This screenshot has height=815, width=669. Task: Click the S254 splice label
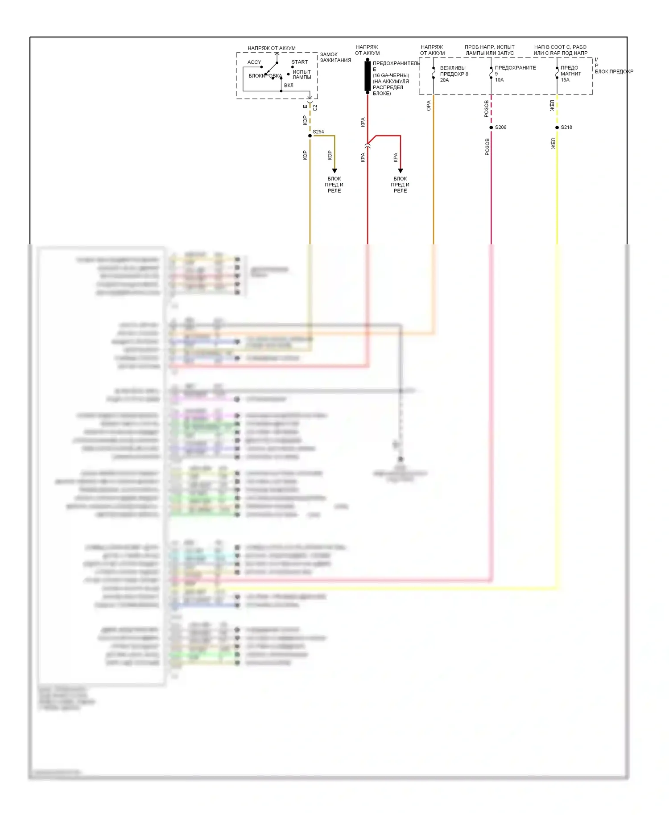[x=318, y=132]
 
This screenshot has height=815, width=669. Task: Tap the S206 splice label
[x=500, y=128]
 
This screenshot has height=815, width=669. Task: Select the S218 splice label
[x=566, y=128]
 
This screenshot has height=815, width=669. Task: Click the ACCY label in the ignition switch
[x=254, y=62]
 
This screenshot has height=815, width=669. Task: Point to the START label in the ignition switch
[x=300, y=62]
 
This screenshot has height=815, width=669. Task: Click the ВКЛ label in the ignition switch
[x=289, y=85]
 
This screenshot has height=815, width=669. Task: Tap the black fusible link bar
[x=368, y=76]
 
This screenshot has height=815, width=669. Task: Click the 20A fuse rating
[x=445, y=80]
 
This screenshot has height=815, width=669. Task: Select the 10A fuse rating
[x=500, y=80]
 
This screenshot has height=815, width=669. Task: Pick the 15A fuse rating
[x=565, y=80]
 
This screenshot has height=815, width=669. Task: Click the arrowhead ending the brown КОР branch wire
[x=334, y=171]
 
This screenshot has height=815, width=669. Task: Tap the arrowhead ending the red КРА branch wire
[x=401, y=171]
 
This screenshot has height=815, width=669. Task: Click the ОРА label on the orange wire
[x=429, y=106]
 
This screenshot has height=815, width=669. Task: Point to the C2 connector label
[x=315, y=108]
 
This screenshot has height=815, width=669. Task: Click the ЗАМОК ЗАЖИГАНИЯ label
[x=335, y=58]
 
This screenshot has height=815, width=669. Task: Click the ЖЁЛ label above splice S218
[x=552, y=106]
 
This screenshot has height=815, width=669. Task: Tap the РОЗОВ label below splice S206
[x=487, y=147]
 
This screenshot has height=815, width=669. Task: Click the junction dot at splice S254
[x=310, y=136]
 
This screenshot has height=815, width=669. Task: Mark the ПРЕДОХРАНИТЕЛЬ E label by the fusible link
[x=396, y=64]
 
